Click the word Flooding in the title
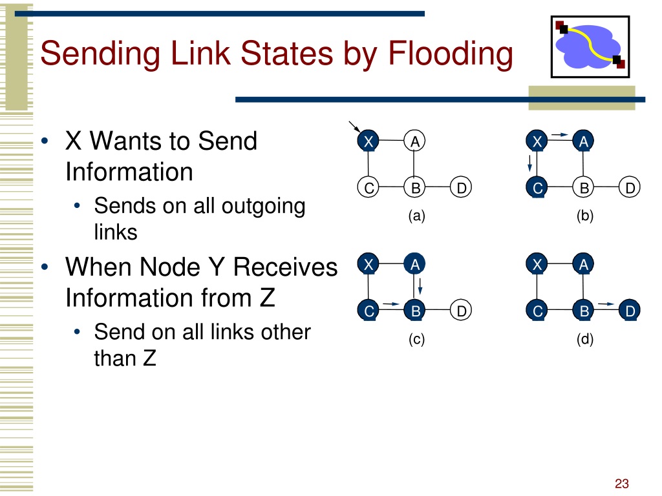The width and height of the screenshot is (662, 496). [450, 54]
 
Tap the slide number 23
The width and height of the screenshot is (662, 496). [621, 483]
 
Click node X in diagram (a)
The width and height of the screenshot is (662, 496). [368, 141]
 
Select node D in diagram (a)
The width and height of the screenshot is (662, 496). [461, 187]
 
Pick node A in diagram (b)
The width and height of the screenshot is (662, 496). [583, 141]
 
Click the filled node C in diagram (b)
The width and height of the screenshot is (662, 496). [537, 187]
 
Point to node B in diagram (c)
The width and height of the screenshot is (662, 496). [414, 311]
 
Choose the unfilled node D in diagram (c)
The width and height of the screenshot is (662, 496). [461, 311]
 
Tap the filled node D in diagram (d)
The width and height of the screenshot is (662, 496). [630, 311]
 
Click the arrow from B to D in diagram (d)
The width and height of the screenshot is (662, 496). [606, 304]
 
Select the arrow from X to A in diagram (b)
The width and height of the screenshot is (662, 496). [560, 134]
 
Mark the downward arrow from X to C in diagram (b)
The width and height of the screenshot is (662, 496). [530, 163]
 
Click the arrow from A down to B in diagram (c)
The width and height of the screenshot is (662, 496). [420, 286]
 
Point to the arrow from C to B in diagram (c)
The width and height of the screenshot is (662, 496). [391, 304]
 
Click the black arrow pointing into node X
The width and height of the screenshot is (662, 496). [354, 127]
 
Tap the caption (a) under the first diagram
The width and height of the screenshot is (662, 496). [416, 216]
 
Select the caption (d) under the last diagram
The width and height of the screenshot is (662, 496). [584, 339]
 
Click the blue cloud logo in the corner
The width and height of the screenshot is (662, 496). [590, 46]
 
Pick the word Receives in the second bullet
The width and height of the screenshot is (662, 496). [285, 267]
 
